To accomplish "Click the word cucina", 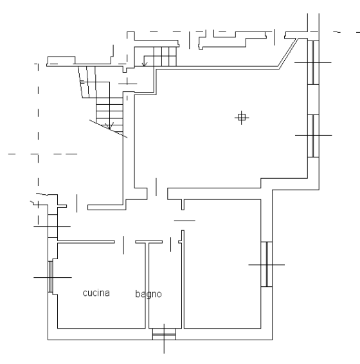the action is click(96, 293).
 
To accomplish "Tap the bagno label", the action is click(148, 294).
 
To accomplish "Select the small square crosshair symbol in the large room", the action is click(242, 118).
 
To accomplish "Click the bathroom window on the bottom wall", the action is click(164, 334).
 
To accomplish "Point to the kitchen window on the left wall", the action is click(51, 277).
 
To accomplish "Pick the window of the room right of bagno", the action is click(267, 264).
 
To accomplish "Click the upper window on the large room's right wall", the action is click(313, 62).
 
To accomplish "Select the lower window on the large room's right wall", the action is click(313, 136).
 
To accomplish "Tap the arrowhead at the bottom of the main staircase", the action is click(109, 126).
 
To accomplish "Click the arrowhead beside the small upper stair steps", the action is click(145, 64).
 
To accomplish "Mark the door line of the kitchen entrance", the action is click(123, 245).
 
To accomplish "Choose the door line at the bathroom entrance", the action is click(170, 244).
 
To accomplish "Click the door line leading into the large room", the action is click(156, 187).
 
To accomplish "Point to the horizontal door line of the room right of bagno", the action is click(184, 221).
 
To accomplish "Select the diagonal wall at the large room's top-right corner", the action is click(289, 53).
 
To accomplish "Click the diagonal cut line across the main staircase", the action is click(109, 129).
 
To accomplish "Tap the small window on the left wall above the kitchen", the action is click(53, 226).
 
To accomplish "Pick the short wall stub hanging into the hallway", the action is click(183, 205).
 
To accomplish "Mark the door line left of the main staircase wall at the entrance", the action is click(77, 203).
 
